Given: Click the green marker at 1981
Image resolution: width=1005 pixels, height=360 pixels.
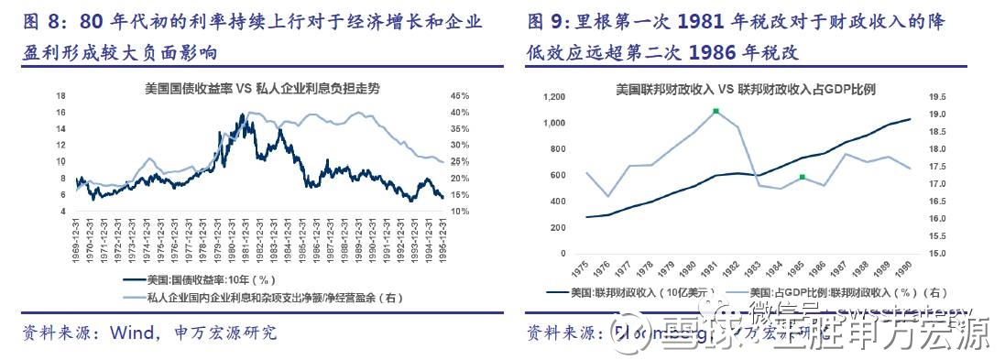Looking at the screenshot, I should tap(716, 112).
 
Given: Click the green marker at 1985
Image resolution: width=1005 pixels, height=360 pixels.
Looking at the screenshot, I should tap(802, 177).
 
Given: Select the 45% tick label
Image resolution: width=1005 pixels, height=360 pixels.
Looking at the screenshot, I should tap(460, 96).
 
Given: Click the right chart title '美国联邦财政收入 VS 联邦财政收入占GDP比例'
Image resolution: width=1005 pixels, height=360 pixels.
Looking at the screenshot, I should tap(746, 89).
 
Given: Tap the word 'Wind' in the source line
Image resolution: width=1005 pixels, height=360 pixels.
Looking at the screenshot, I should tap(128, 333).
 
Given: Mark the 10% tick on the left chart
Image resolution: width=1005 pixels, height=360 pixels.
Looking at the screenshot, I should tap(460, 212).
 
